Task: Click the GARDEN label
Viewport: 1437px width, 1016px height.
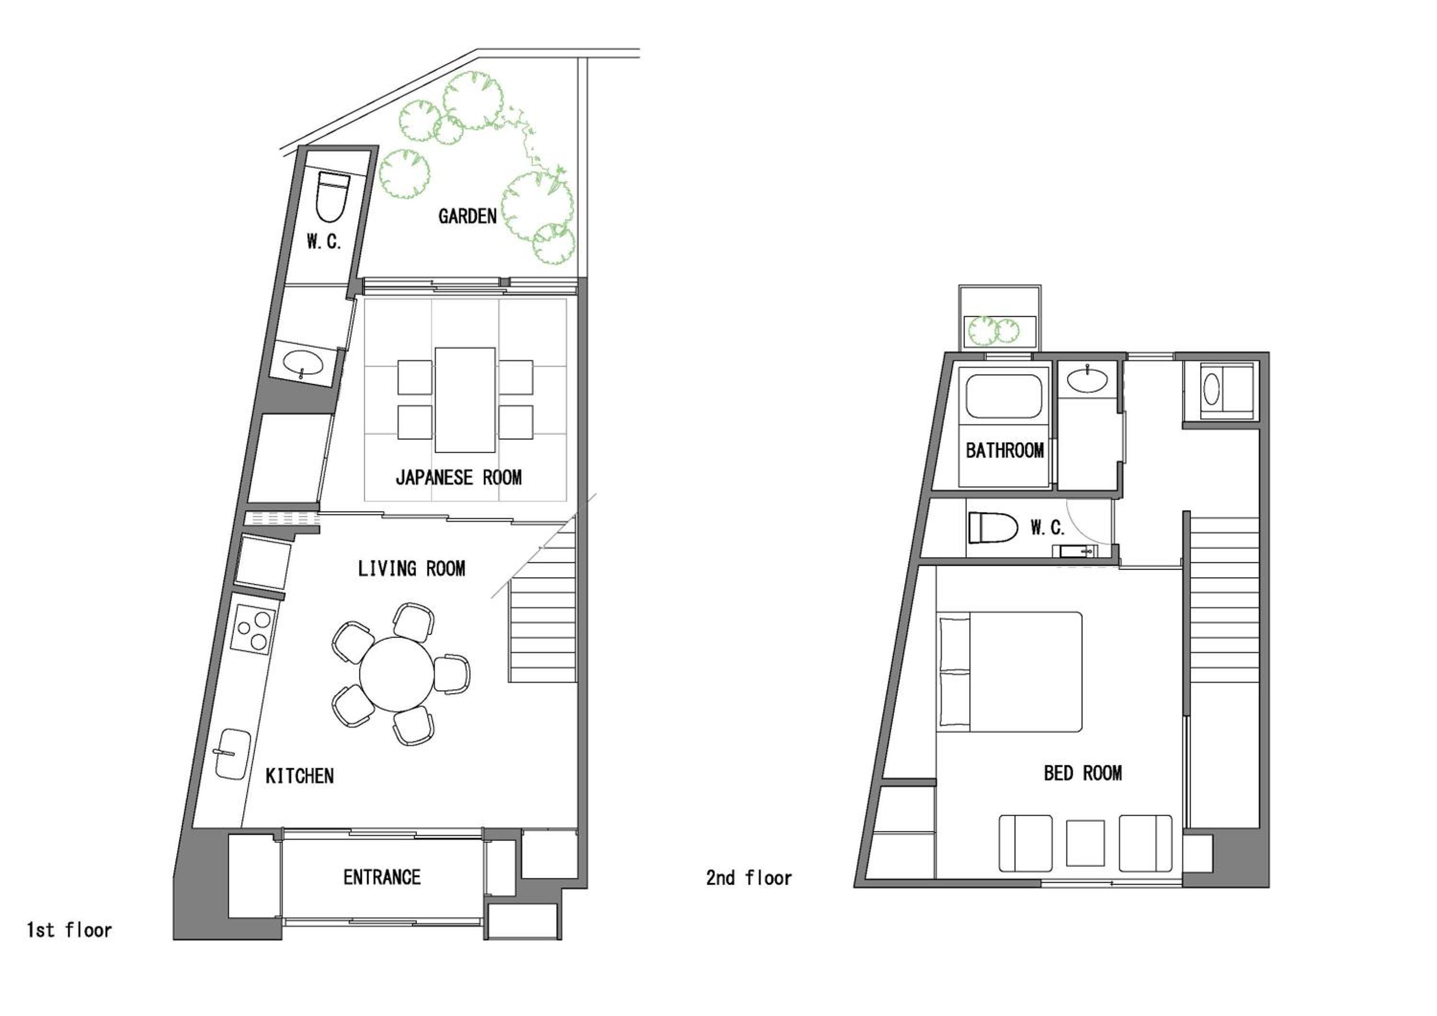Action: point(467,216)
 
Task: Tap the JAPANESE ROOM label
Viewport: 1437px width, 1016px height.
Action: point(459,478)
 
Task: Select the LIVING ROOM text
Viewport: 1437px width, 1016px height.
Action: point(411,569)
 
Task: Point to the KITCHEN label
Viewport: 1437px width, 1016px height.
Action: point(299,777)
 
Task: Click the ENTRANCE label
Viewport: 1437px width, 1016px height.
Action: point(382,877)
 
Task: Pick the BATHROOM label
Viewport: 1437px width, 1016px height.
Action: point(1004,451)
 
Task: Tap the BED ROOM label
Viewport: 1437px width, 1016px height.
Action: point(1083,773)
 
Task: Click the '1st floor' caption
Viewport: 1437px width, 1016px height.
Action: point(69,930)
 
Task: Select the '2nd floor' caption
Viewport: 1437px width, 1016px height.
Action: point(749,878)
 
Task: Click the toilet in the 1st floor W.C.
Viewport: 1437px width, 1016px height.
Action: point(332,196)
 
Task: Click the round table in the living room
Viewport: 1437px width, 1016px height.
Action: point(396,674)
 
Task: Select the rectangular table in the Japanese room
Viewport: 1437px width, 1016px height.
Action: point(465,400)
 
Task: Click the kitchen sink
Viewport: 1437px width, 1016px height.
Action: point(232,754)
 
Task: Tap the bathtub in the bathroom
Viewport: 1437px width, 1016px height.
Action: point(1004,396)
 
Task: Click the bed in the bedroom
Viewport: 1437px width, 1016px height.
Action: point(1010,672)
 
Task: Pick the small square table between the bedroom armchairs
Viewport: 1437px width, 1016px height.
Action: point(1085,843)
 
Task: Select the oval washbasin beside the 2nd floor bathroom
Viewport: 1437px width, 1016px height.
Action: point(1088,379)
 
